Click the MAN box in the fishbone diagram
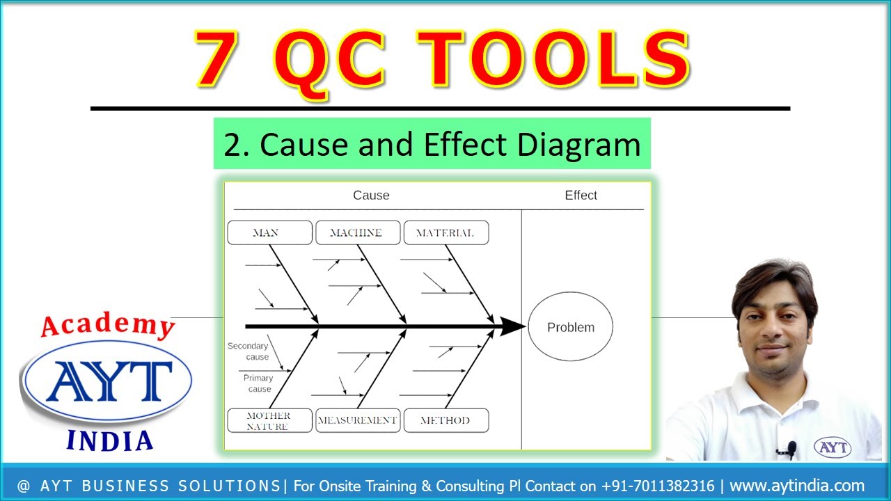pos(269,233)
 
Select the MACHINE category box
pos(358,233)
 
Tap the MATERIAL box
pos(445,233)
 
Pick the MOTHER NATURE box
pos(269,420)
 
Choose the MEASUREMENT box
pos(358,420)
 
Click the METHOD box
pos(445,420)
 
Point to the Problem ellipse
pos(571,327)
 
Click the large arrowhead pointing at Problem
pos(513,326)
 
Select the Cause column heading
pos(371,196)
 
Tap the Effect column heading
pos(581,196)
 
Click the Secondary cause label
pos(249,351)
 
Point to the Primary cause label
pos(258,383)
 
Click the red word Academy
pos(108,325)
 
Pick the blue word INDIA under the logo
pos(109,440)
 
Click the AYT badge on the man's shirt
pos(832,447)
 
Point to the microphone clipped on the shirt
pos(791,449)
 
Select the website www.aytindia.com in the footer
pos(796,486)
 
